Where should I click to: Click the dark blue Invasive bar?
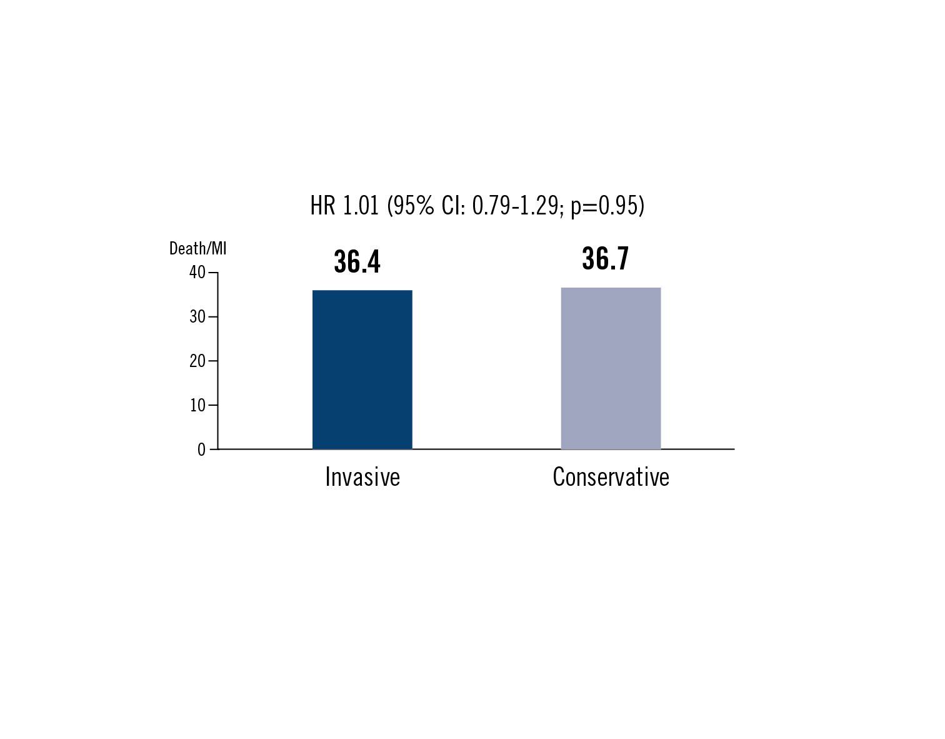[x=362, y=369]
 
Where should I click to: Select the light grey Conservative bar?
[x=611, y=368]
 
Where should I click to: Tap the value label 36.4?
[x=357, y=262]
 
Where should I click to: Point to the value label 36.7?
[x=605, y=259]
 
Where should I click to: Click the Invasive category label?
[x=362, y=477]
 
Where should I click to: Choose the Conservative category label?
[x=611, y=477]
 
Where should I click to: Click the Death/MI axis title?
[x=197, y=249]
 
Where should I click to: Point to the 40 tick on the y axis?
[x=197, y=273]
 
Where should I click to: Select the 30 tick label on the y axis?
[x=197, y=317]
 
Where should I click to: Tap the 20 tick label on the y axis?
[x=197, y=361]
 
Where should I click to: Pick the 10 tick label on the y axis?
[x=197, y=406]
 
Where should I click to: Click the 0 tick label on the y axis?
[x=201, y=450]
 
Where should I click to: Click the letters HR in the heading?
[x=322, y=206]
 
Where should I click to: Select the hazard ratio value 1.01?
[x=361, y=206]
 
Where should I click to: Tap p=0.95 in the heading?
[x=607, y=206]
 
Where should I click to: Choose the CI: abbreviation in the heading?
[x=453, y=206]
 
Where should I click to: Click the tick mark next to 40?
[x=213, y=273]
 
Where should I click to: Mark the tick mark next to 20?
[x=213, y=361]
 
